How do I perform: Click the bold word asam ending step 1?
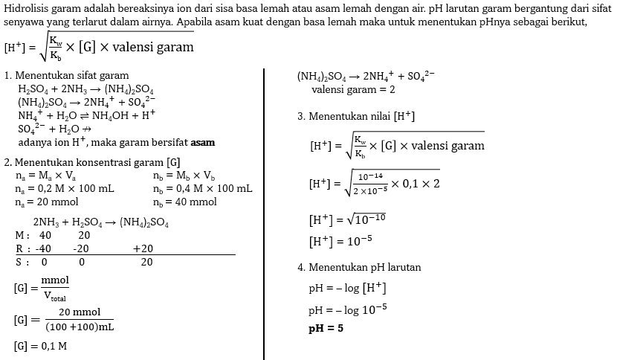point(203,142)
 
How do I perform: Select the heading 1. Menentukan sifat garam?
point(66,76)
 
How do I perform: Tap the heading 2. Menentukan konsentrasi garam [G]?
point(91,162)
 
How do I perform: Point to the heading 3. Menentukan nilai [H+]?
point(355,117)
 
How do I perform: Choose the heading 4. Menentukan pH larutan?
point(359,267)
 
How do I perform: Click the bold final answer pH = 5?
point(326,328)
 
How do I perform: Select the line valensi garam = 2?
point(353,89)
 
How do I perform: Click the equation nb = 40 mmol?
point(185,202)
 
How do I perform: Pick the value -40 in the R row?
point(43,248)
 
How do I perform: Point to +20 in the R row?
point(143,248)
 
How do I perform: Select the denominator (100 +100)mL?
point(80,327)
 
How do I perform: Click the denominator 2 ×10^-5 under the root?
point(369,190)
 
